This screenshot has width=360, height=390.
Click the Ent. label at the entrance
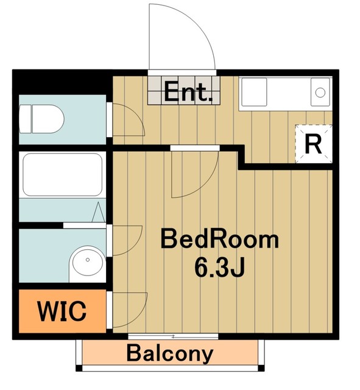(188, 92)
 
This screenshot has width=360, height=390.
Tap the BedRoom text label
(220, 239)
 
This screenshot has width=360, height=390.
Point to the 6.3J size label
(220, 268)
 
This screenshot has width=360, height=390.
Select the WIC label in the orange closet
(62, 310)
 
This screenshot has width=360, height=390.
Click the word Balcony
(170, 354)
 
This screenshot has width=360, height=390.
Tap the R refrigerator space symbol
(313, 144)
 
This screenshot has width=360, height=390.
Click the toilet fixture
(41, 119)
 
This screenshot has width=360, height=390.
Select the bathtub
(62, 175)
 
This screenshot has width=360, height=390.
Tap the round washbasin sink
(88, 261)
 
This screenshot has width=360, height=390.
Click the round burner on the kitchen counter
(320, 93)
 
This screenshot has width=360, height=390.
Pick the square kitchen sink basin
(254, 92)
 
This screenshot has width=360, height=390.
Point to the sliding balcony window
(173, 336)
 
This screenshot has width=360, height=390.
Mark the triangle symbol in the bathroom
(98, 212)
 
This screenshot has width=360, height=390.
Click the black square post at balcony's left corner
(79, 368)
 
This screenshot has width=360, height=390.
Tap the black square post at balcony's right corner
(261, 368)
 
